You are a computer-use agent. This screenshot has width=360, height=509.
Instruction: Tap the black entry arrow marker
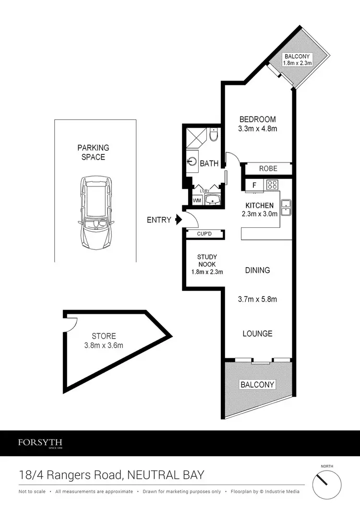[179, 220]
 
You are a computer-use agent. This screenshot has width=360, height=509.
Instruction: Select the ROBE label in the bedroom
[268, 169]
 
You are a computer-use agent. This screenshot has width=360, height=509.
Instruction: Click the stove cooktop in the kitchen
[273, 185]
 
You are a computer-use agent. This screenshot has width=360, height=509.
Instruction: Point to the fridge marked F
[254, 185]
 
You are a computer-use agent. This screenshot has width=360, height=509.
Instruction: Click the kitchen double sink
[287, 206]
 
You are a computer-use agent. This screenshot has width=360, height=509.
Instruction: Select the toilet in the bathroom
[214, 135]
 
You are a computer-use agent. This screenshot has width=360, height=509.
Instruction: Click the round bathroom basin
[192, 161]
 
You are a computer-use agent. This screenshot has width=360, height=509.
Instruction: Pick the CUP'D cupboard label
[204, 234]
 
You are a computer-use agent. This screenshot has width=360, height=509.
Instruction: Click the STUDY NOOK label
[207, 260]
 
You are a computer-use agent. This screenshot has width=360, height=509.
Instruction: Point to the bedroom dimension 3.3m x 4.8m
[258, 129]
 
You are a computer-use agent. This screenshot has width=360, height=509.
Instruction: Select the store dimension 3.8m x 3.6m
[104, 345]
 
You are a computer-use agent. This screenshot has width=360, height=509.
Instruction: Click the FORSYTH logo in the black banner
[40, 443]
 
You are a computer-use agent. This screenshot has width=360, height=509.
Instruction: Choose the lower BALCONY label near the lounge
[258, 384]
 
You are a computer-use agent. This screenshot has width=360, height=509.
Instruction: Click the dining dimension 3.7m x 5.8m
[258, 299]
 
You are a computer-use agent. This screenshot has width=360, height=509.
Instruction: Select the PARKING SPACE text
[94, 152]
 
